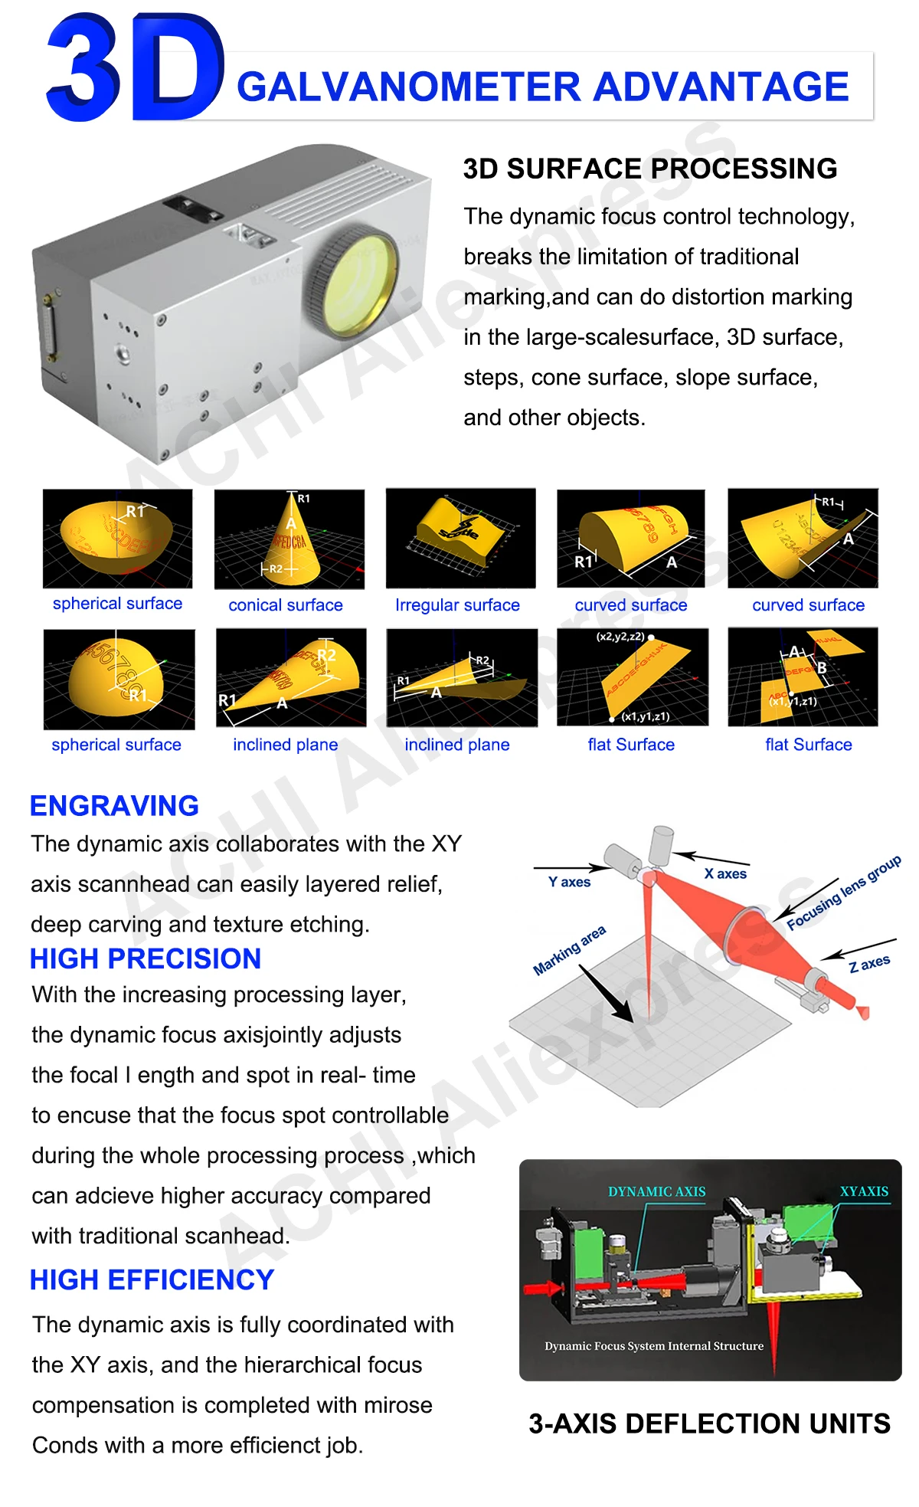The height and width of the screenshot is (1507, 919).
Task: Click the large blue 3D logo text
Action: point(134,69)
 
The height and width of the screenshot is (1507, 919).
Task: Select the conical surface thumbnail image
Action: point(289,539)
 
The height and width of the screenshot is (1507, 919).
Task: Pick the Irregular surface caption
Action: point(457,605)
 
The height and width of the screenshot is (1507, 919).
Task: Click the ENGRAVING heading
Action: point(114,806)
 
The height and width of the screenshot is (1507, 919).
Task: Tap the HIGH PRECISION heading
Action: point(146,958)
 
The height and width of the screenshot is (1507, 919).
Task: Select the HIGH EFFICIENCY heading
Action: point(152,1280)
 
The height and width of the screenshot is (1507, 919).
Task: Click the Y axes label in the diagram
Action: point(569,882)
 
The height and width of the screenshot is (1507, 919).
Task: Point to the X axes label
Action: point(725,873)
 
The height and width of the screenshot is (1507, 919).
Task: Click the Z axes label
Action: point(869,963)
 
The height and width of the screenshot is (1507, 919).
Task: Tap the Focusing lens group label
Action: point(843,893)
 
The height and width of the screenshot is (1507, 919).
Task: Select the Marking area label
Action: point(569,950)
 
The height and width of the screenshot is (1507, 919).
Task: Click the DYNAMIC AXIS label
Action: point(656,1191)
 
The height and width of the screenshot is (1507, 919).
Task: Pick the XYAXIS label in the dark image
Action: point(864,1191)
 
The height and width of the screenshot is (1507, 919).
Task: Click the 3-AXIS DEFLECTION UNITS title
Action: point(709,1423)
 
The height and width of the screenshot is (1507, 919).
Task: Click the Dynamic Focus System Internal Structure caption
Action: point(654,1346)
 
